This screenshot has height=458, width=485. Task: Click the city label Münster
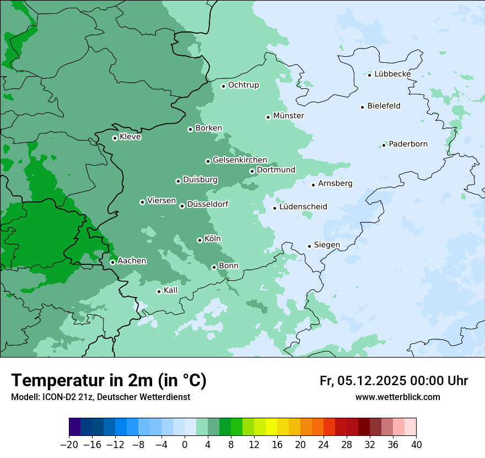click(288, 116)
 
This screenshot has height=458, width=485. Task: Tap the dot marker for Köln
click(200, 240)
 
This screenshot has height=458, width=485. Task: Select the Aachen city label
click(132, 261)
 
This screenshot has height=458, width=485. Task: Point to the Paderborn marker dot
click(384, 145)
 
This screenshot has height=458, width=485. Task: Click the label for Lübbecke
click(392, 74)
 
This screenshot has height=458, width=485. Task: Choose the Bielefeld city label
click(384, 106)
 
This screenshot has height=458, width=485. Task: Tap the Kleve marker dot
click(115, 138)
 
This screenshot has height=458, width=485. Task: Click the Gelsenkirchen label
click(240, 160)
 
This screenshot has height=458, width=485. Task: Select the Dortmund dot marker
click(252, 171)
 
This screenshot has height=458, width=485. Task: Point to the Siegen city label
click(327, 245)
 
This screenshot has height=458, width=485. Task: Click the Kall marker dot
click(159, 291)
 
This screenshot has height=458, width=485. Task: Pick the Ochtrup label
click(243, 85)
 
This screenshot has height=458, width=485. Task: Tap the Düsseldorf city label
click(208, 204)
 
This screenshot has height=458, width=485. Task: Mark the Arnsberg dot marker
click(313, 185)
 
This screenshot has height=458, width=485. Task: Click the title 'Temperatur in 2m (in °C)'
click(109, 381)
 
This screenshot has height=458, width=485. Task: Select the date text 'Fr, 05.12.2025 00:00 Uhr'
click(394, 381)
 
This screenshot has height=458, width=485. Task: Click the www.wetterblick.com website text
click(397, 397)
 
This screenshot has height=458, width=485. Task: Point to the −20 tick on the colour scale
click(69, 445)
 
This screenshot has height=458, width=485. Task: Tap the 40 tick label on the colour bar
click(416, 445)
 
